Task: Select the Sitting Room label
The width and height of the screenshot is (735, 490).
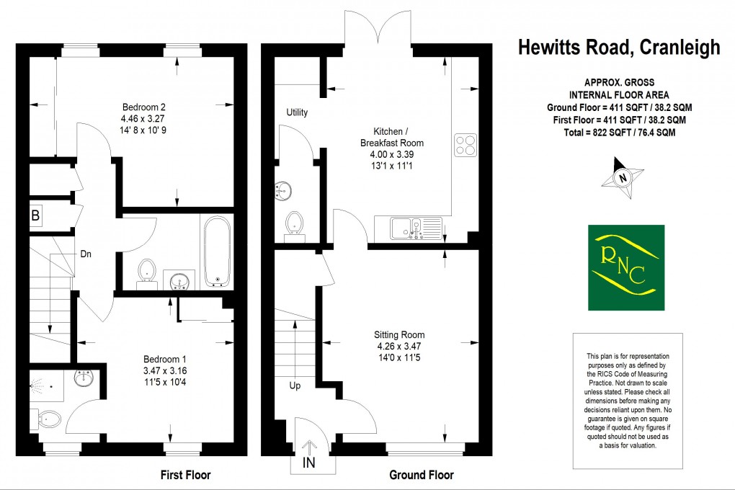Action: tap(398, 334)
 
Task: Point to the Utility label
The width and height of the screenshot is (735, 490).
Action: tap(297, 112)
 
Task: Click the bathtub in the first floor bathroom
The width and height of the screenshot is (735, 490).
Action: tap(217, 252)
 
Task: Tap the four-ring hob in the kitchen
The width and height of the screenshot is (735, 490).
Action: tap(466, 145)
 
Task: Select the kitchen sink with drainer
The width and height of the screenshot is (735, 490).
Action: tap(415, 228)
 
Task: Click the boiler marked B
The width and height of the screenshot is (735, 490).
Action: tap(35, 215)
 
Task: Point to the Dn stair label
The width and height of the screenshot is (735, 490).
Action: tap(86, 254)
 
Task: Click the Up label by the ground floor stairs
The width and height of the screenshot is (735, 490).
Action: tap(295, 386)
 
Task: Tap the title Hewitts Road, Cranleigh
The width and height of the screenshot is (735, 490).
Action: tap(619, 48)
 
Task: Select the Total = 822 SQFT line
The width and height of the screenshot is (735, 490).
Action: tap(619, 133)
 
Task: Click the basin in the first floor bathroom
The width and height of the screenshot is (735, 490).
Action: tap(179, 280)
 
